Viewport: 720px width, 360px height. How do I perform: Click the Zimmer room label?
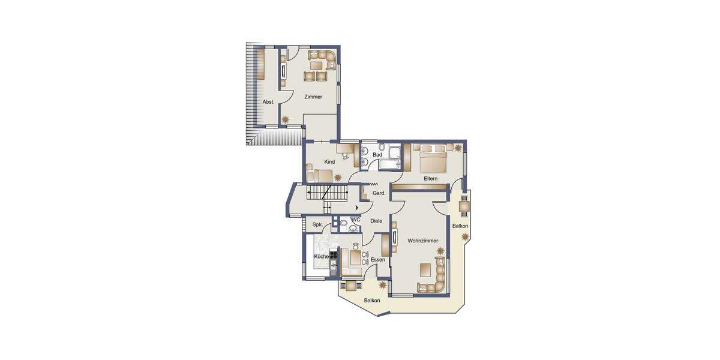click(x=313, y=97)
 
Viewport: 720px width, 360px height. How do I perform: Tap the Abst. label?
click(x=268, y=102)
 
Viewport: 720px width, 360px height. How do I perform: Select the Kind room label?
click(x=329, y=162)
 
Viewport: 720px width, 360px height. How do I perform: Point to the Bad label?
click(x=377, y=155)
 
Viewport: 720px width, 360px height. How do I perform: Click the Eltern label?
click(x=430, y=178)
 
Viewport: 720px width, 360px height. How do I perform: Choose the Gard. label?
click(x=379, y=193)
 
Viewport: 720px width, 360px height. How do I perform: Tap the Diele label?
click(x=376, y=221)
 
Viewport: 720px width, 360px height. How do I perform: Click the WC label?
click(x=355, y=220)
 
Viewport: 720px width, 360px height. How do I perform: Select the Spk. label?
click(x=317, y=224)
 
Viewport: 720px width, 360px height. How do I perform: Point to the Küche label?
click(x=321, y=257)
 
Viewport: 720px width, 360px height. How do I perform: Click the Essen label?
click(x=377, y=260)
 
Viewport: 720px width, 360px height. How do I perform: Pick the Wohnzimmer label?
click(x=422, y=241)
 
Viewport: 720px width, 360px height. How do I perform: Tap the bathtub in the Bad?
click(x=393, y=162)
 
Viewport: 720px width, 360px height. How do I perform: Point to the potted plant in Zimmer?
click(x=286, y=120)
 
